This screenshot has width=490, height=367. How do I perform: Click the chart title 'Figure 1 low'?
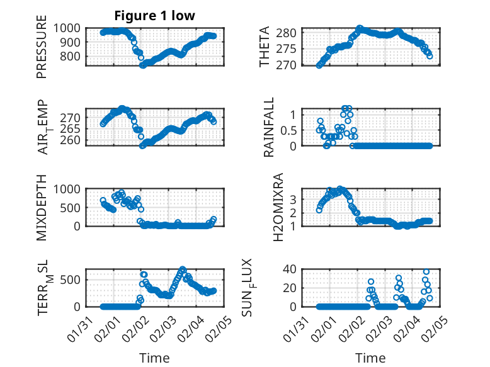(x=155, y=15)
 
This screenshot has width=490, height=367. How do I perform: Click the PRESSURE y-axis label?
(x=42, y=50)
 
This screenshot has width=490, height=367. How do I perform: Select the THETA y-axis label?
(x=265, y=47)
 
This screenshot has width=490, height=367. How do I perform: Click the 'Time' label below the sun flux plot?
(x=371, y=358)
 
